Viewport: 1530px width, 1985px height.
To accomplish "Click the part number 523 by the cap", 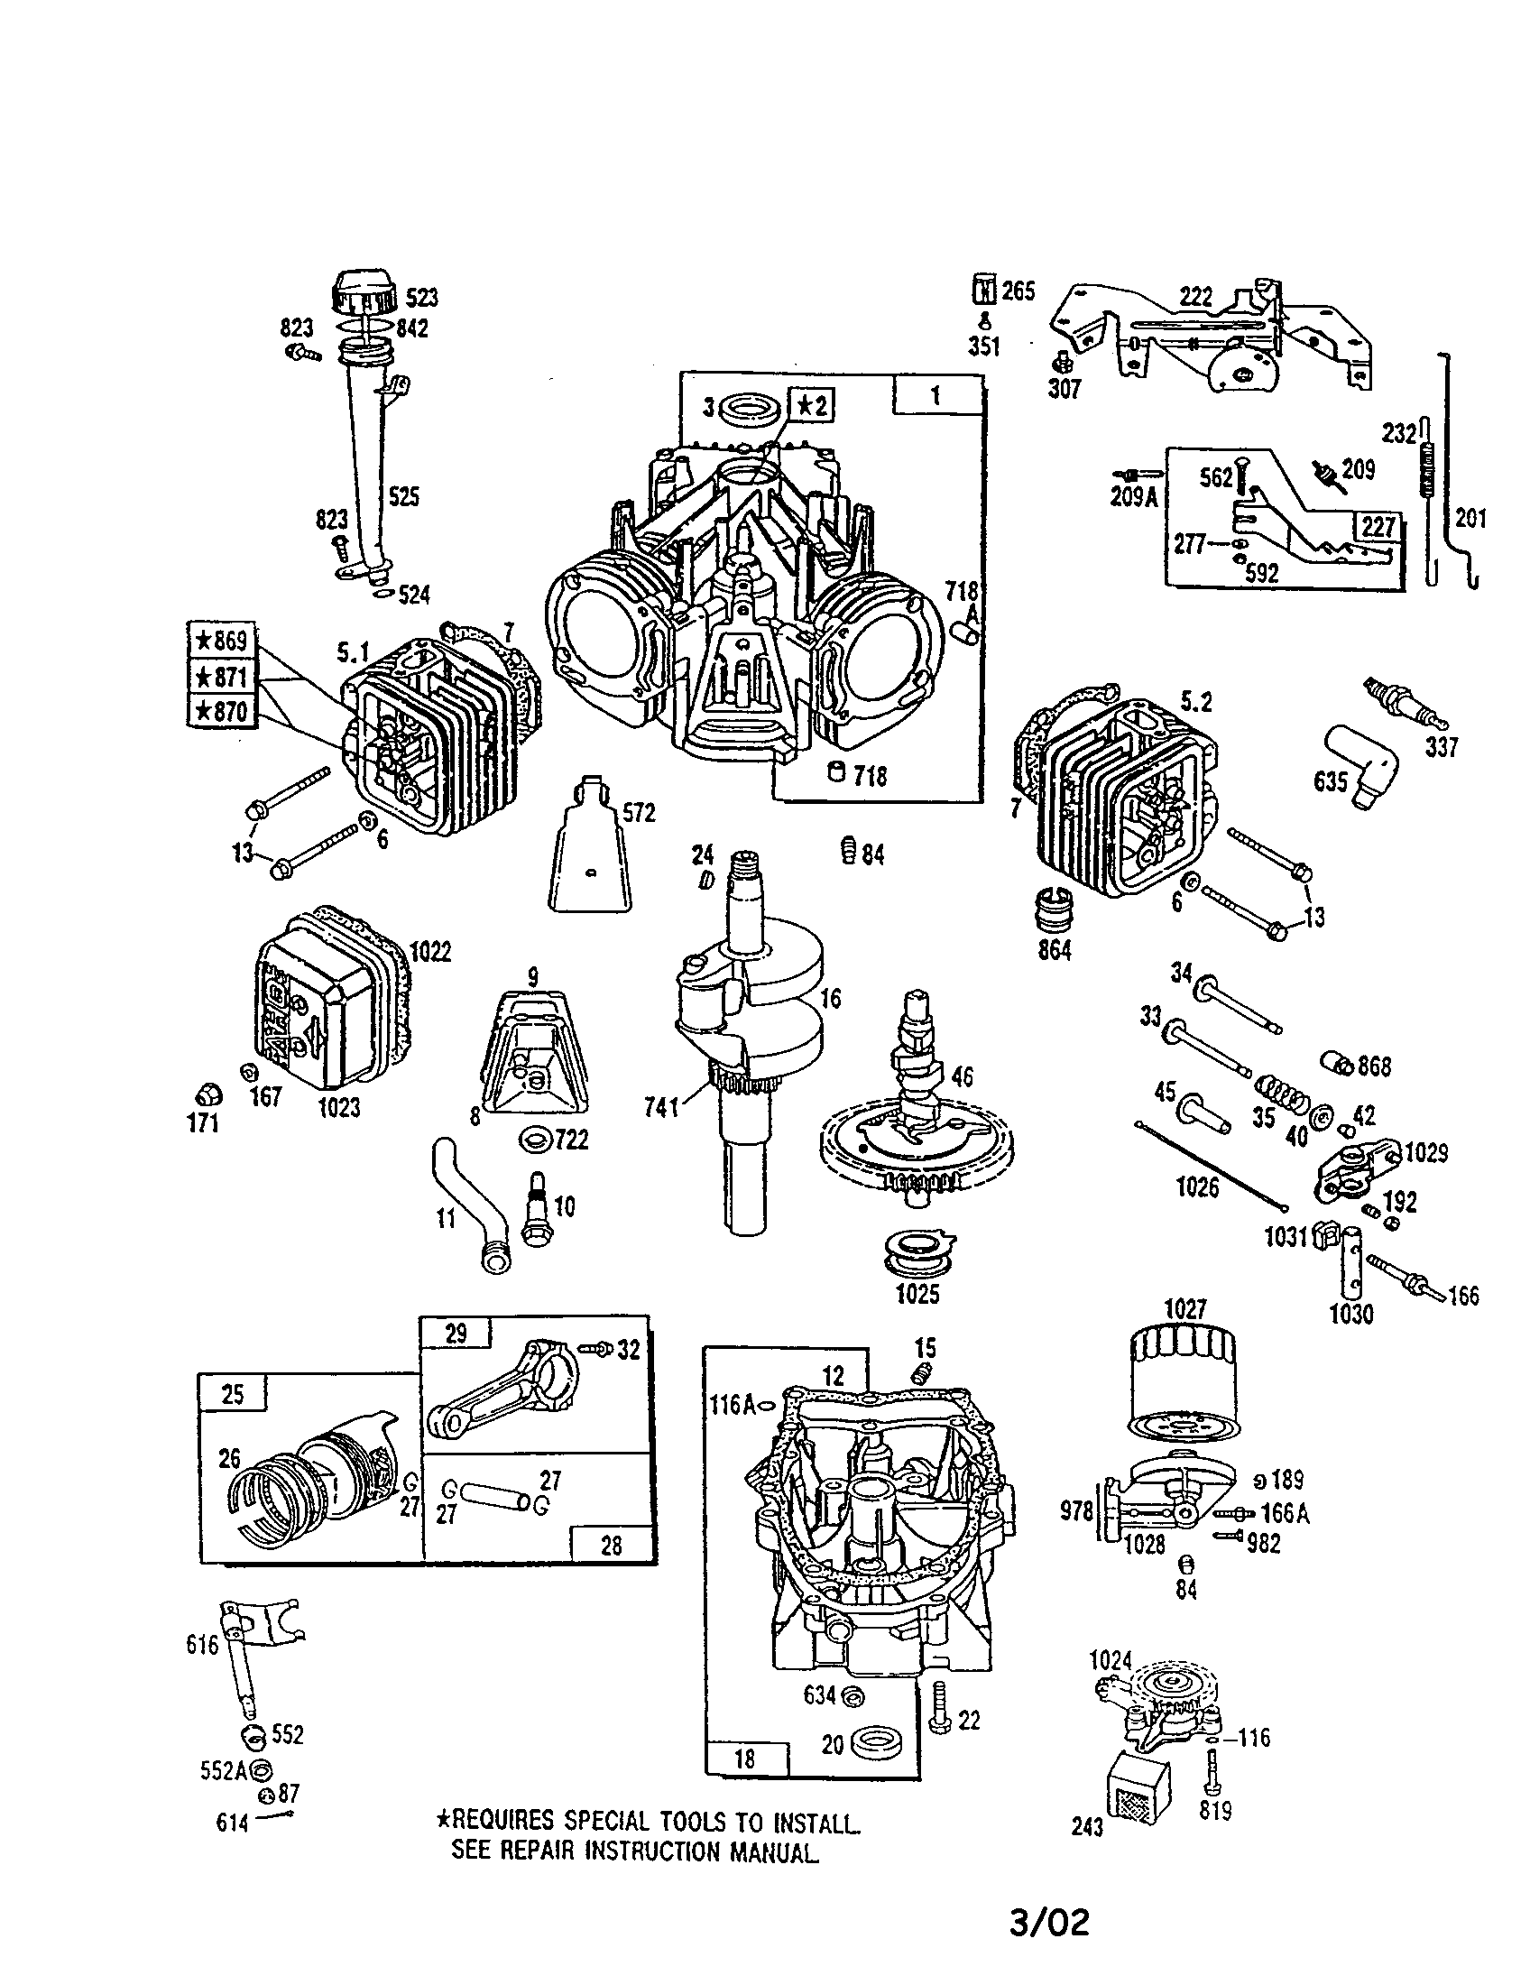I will click(420, 297).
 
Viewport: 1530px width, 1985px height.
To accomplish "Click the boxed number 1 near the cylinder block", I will click(936, 395).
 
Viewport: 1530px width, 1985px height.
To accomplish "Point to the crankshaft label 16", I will click(830, 999).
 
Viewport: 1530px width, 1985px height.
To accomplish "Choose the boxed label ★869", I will click(221, 640).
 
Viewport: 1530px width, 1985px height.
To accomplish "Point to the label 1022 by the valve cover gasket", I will click(429, 952).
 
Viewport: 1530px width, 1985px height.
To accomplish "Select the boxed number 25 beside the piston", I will click(233, 1393).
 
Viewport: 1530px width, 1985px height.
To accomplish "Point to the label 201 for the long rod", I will click(1470, 518).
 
